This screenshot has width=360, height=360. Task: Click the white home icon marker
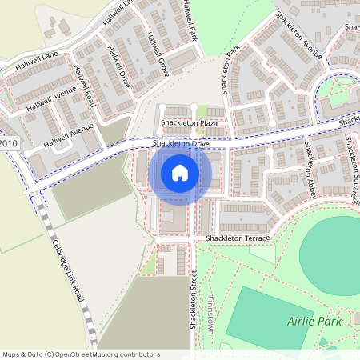pos(179,172)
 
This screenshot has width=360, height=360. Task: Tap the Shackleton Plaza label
pos(190,122)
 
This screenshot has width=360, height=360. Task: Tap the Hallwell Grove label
pos(158,51)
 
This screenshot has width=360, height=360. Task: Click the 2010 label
pos(9,142)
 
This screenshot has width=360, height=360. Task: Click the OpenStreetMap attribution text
pos(80,354)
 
